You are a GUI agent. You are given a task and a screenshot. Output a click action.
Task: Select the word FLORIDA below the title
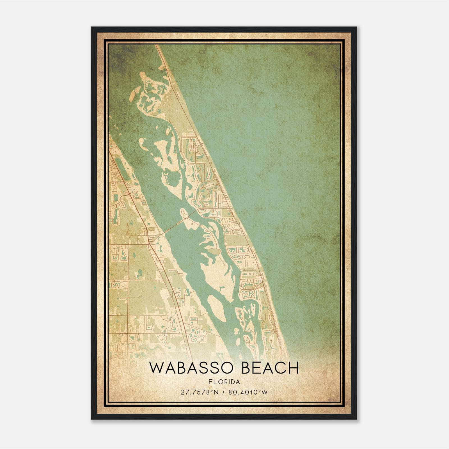coord(224,382)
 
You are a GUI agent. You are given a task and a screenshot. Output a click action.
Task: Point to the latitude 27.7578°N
coord(200,392)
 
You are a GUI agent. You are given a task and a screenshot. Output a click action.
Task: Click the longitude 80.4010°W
coord(248,392)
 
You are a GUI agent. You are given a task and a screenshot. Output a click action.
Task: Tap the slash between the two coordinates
coord(224,392)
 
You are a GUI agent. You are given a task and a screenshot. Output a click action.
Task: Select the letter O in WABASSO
coord(229,368)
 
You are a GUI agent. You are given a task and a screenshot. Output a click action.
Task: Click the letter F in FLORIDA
coord(210,382)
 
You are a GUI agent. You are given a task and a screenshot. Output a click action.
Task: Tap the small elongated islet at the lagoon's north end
coord(135,91)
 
